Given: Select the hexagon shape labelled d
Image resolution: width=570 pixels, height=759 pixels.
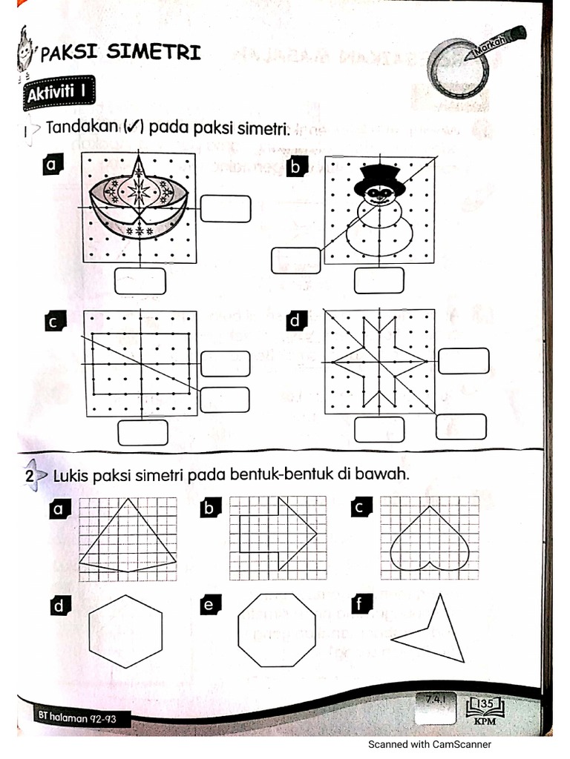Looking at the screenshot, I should click(125, 632).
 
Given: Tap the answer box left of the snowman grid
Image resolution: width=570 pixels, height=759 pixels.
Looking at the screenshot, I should click(296, 260).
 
